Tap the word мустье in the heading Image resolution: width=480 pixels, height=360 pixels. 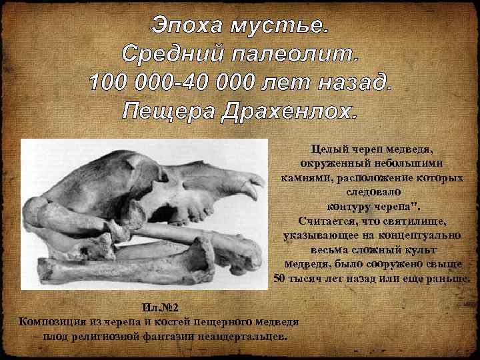coord(279,27)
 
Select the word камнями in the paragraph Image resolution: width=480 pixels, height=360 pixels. coord(303,178)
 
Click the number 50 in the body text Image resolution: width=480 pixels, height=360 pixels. coord(281,278)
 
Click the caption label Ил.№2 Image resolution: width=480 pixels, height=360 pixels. coord(159,308)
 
